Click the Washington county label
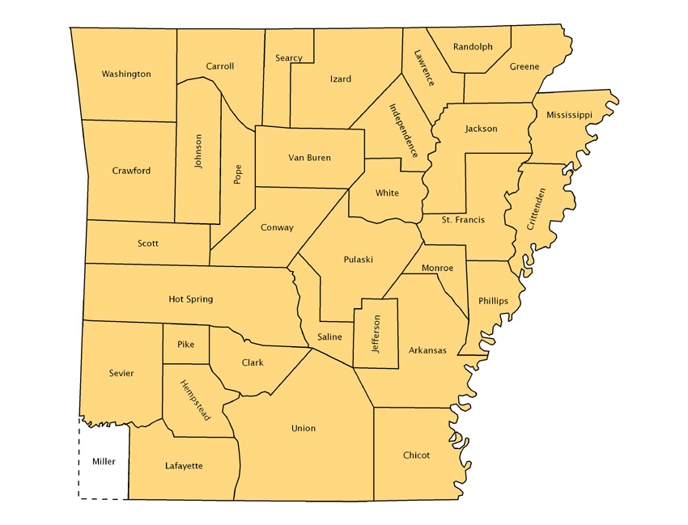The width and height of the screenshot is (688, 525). coord(125,74)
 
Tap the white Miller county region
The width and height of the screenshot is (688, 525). coord(104,462)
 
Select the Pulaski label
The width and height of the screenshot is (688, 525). coord(358,260)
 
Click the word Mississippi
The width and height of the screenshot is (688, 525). coord(568,115)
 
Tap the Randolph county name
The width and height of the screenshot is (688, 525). coord(473,47)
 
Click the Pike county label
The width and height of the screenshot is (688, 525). coord(185,345)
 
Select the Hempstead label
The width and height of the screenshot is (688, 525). coord(195,400)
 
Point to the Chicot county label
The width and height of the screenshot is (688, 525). coord(416,455)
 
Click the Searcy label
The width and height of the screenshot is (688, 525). coord(289,58)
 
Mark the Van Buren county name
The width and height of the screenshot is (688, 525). coord(309,158)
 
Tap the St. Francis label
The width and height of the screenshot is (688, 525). coord(463,220)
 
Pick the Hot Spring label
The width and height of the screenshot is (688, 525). coord(190,299)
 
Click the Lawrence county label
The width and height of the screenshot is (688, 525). coord(423,68)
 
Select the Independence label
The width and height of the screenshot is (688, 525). coord(402,130)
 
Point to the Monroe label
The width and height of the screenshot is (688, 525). coord(438,268)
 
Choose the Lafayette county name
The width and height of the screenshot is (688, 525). coord(184,466)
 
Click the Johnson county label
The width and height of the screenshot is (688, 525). coord(198,151)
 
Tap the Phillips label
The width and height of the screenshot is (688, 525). coord(493,301)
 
